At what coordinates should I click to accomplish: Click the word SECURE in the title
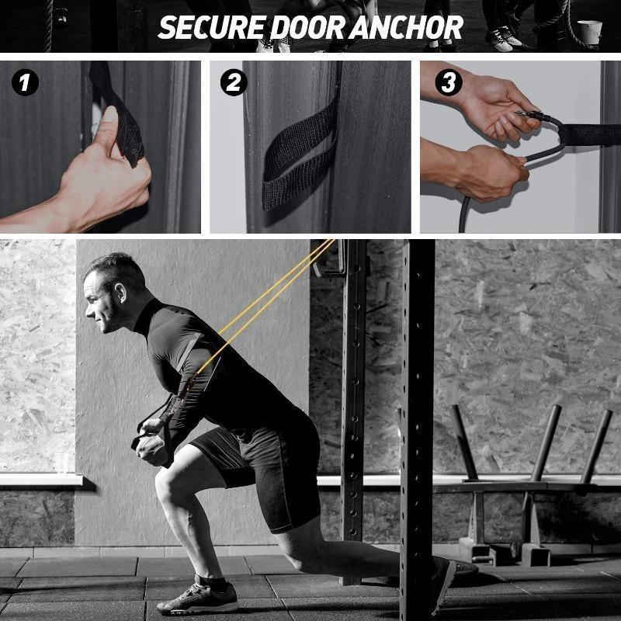[212, 28]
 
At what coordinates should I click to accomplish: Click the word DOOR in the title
[307, 28]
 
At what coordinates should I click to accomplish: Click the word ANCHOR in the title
[405, 28]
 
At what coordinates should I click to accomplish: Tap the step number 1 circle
[26, 83]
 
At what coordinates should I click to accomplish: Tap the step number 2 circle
[234, 83]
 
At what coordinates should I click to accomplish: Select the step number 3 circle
[449, 83]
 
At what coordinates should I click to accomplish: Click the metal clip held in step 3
[528, 116]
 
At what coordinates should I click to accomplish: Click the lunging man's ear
[120, 293]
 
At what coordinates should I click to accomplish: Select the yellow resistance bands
[266, 306]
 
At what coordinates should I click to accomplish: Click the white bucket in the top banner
[589, 32]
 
